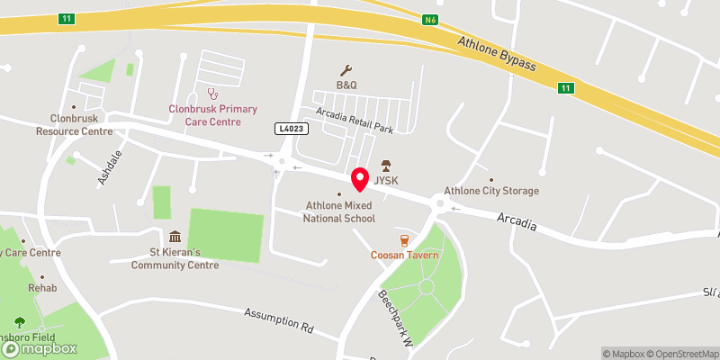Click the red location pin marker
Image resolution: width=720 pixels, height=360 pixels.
pyautogui.click(x=360, y=178)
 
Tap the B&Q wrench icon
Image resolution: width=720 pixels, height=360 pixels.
pyautogui.click(x=346, y=70)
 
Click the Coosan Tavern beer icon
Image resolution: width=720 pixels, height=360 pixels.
pyautogui.click(x=405, y=240)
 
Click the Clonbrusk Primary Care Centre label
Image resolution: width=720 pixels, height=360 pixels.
pyautogui.click(x=212, y=115)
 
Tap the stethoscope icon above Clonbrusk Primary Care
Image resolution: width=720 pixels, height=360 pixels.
pyautogui.click(x=213, y=93)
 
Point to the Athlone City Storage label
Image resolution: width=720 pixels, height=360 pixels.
pyautogui.click(x=491, y=191)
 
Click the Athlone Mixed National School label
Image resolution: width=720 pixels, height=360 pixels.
pyautogui.click(x=338, y=211)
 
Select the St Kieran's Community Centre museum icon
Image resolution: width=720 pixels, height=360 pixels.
pyautogui.click(x=174, y=238)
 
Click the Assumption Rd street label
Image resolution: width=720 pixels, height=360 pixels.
pyautogui.click(x=278, y=319)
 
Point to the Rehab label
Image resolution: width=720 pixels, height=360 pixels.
pyautogui.click(x=42, y=288)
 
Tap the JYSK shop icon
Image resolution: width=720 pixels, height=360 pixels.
pyautogui.click(x=386, y=165)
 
